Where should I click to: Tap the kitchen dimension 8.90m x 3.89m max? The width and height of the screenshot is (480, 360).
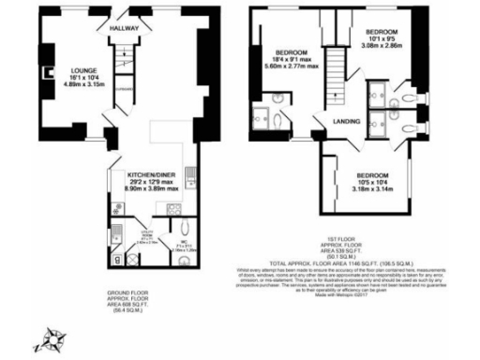pyautogui.click(x=152, y=188)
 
